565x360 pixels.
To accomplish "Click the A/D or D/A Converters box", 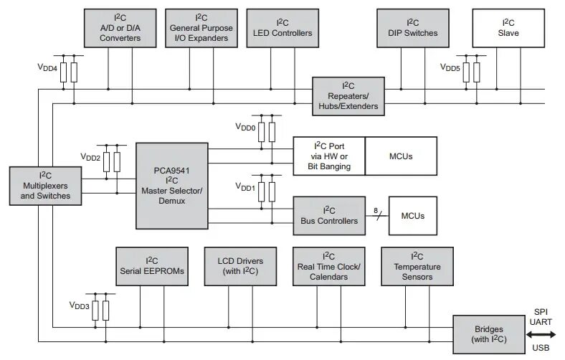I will [x=120, y=28].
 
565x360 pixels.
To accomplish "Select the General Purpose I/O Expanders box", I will [x=201, y=28].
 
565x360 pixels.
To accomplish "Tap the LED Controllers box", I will [x=282, y=28].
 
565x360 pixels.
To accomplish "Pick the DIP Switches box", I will [x=412, y=28].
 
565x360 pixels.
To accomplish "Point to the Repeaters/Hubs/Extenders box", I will [x=348, y=95].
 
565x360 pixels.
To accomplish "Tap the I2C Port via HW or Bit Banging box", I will [x=329, y=156].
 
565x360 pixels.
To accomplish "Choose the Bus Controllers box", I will [x=329, y=215].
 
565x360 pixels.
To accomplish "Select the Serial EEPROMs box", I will [x=152, y=266].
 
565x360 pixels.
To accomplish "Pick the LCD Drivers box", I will [x=240, y=266].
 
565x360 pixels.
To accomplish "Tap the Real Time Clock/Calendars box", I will [x=328, y=266].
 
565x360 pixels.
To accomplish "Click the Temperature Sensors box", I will [x=417, y=266].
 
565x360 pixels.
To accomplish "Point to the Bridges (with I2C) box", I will [x=488, y=334].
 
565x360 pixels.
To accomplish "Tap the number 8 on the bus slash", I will [x=375, y=210].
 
